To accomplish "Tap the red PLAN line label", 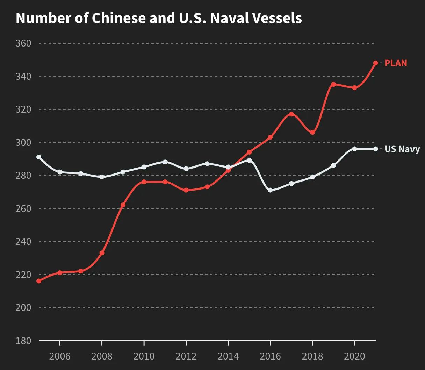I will pyautogui.click(x=396, y=63).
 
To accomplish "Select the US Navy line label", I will pyautogui.click(x=402, y=149).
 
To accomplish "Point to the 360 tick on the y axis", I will pyautogui.click(x=23, y=43).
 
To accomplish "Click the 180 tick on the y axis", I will pyautogui.click(x=23, y=341).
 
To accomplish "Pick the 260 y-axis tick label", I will pyautogui.click(x=23, y=208).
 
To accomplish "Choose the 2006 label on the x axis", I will pyautogui.click(x=60, y=356).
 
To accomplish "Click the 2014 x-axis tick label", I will pyautogui.click(x=228, y=356).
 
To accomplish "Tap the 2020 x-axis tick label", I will pyautogui.click(x=354, y=356).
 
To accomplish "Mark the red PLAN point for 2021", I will pyautogui.click(x=376, y=63).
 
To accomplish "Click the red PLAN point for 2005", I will pyautogui.click(x=39, y=281).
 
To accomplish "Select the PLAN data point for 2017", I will pyautogui.click(x=291, y=114).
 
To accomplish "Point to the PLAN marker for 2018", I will pyautogui.click(x=312, y=132).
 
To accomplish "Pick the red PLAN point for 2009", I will pyautogui.click(x=123, y=205).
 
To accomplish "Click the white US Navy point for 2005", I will pyautogui.click(x=39, y=157).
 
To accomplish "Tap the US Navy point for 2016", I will pyautogui.click(x=270, y=190).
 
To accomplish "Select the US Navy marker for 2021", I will pyautogui.click(x=376, y=149).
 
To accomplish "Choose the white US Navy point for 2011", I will pyautogui.click(x=165, y=162).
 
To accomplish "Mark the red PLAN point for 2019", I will pyautogui.click(x=333, y=84).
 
